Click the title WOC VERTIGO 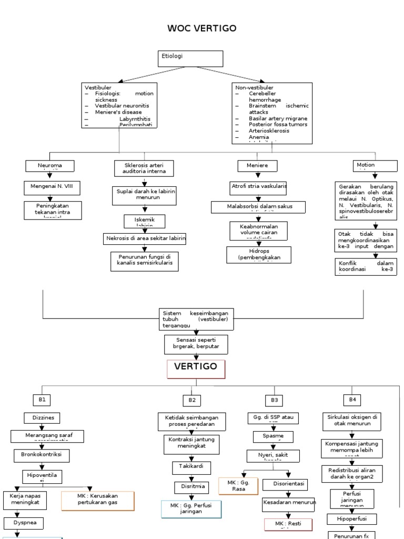[x=202, y=28]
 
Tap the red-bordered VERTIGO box [x=196, y=369]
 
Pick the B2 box [x=192, y=400]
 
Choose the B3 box [x=274, y=400]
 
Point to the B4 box [x=352, y=400]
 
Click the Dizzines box [x=42, y=418]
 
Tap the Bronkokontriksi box [x=42, y=454]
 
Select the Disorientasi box [x=289, y=484]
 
